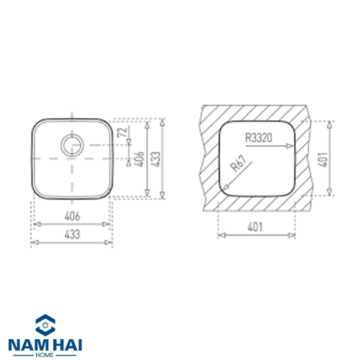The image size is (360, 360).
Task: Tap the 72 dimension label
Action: tap(122, 132)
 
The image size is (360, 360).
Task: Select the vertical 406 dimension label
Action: tap(139, 159)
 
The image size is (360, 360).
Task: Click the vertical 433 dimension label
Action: tap(156, 159)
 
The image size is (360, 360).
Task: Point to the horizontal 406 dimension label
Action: tap(72, 217)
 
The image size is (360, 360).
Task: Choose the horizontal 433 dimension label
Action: tap(72, 234)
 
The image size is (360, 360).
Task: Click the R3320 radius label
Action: tap(258, 138)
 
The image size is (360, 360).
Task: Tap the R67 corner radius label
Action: tap(238, 163)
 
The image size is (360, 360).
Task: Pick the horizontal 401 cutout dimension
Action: tap(255, 227)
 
